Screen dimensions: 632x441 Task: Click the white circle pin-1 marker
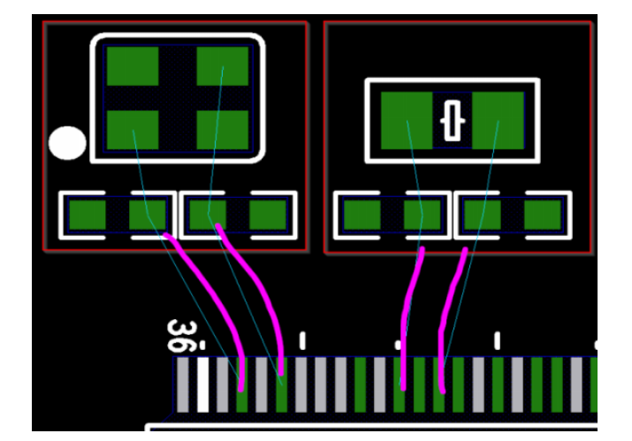(67, 143)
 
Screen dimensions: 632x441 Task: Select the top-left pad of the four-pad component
(133, 65)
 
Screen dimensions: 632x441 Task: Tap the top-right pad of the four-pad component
(223, 65)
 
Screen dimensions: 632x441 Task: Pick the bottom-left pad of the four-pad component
(133, 129)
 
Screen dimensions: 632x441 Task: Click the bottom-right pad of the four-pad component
(223, 129)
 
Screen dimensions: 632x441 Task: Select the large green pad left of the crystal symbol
(407, 120)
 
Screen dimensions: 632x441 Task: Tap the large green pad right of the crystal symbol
(499, 120)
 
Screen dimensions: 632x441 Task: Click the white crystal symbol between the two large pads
(453, 120)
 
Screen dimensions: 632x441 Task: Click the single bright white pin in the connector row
(203, 384)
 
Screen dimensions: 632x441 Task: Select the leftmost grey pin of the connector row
(184, 384)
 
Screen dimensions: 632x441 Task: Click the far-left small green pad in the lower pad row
(88, 214)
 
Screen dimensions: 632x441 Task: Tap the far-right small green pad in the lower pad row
(543, 214)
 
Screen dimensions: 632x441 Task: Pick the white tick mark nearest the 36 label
(302, 340)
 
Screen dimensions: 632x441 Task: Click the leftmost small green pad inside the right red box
(362, 214)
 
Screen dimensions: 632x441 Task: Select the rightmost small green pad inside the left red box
(268, 214)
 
